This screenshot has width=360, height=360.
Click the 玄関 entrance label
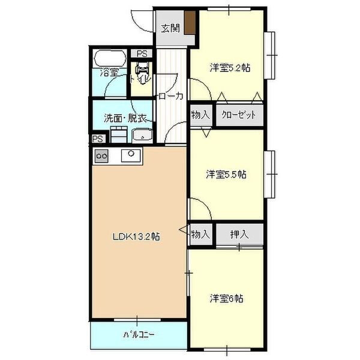click(x=171, y=28)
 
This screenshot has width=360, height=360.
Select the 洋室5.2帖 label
click(x=229, y=67)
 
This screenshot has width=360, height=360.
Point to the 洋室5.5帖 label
click(x=226, y=175)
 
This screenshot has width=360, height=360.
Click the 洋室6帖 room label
click(x=226, y=298)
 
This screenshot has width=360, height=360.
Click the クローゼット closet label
click(x=238, y=115)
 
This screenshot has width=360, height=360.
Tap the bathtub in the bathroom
click(x=109, y=59)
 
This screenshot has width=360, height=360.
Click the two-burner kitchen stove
click(x=101, y=156)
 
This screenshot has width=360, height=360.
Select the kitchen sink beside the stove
click(x=130, y=156)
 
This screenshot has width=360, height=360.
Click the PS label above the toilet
click(x=142, y=53)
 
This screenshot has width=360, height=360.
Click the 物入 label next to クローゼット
click(x=200, y=115)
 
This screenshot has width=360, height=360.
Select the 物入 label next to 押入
click(x=200, y=233)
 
